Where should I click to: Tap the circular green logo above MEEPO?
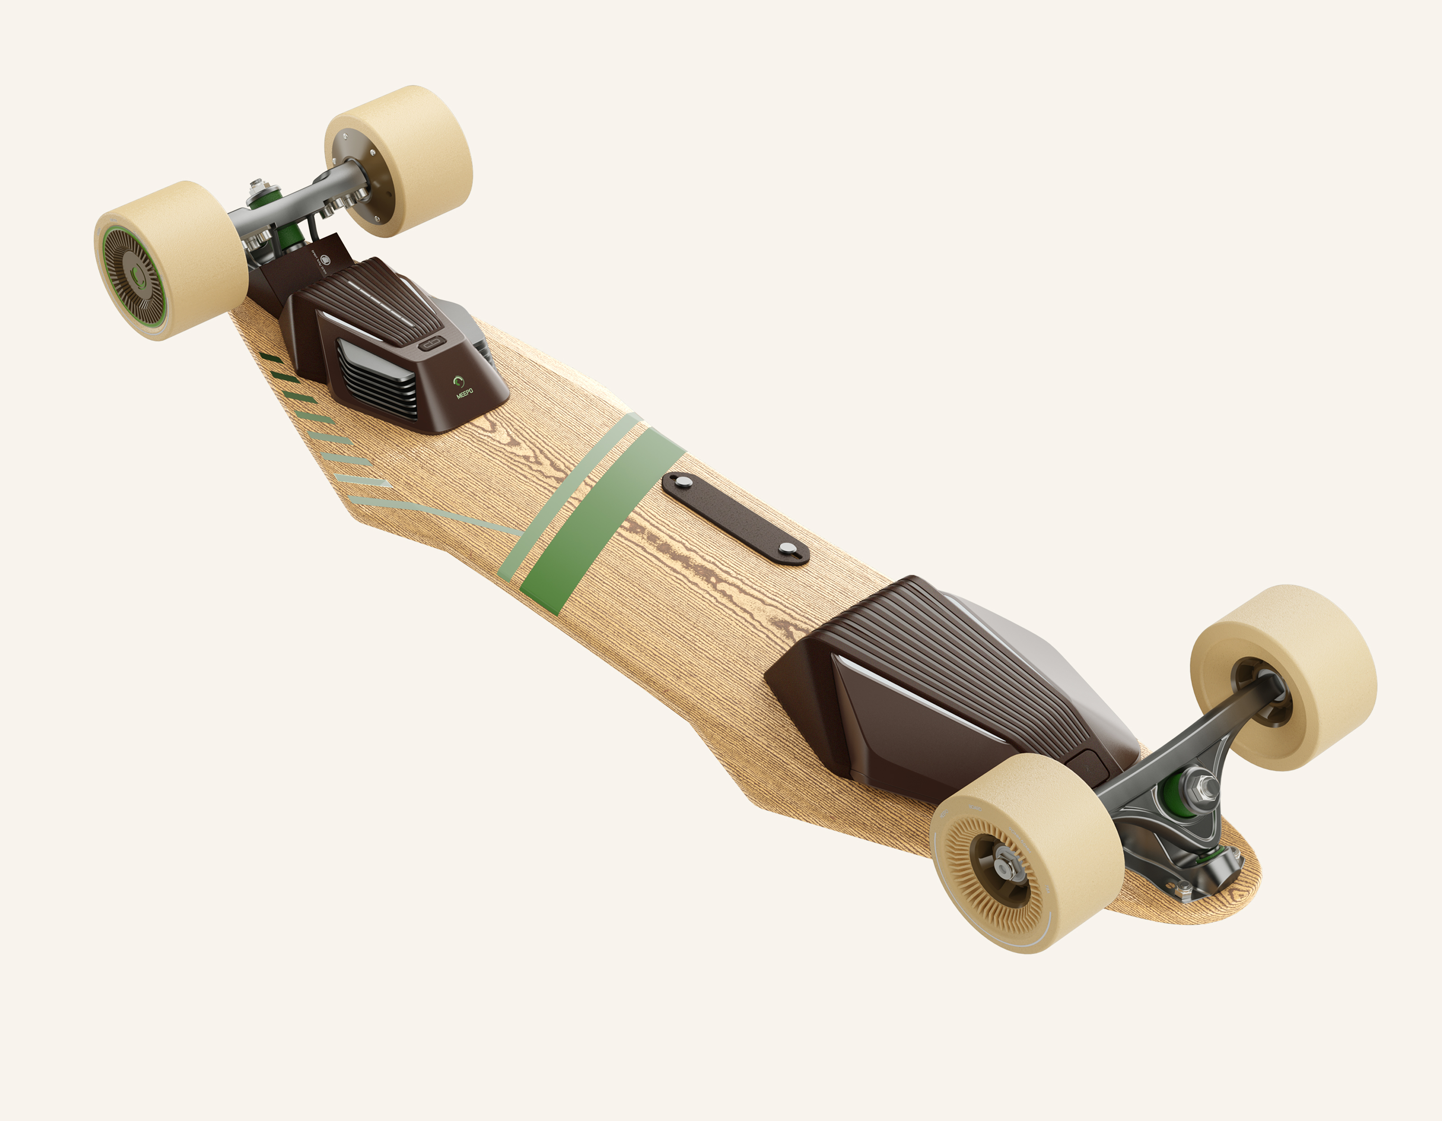[458, 381]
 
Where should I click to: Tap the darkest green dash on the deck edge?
[270, 358]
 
